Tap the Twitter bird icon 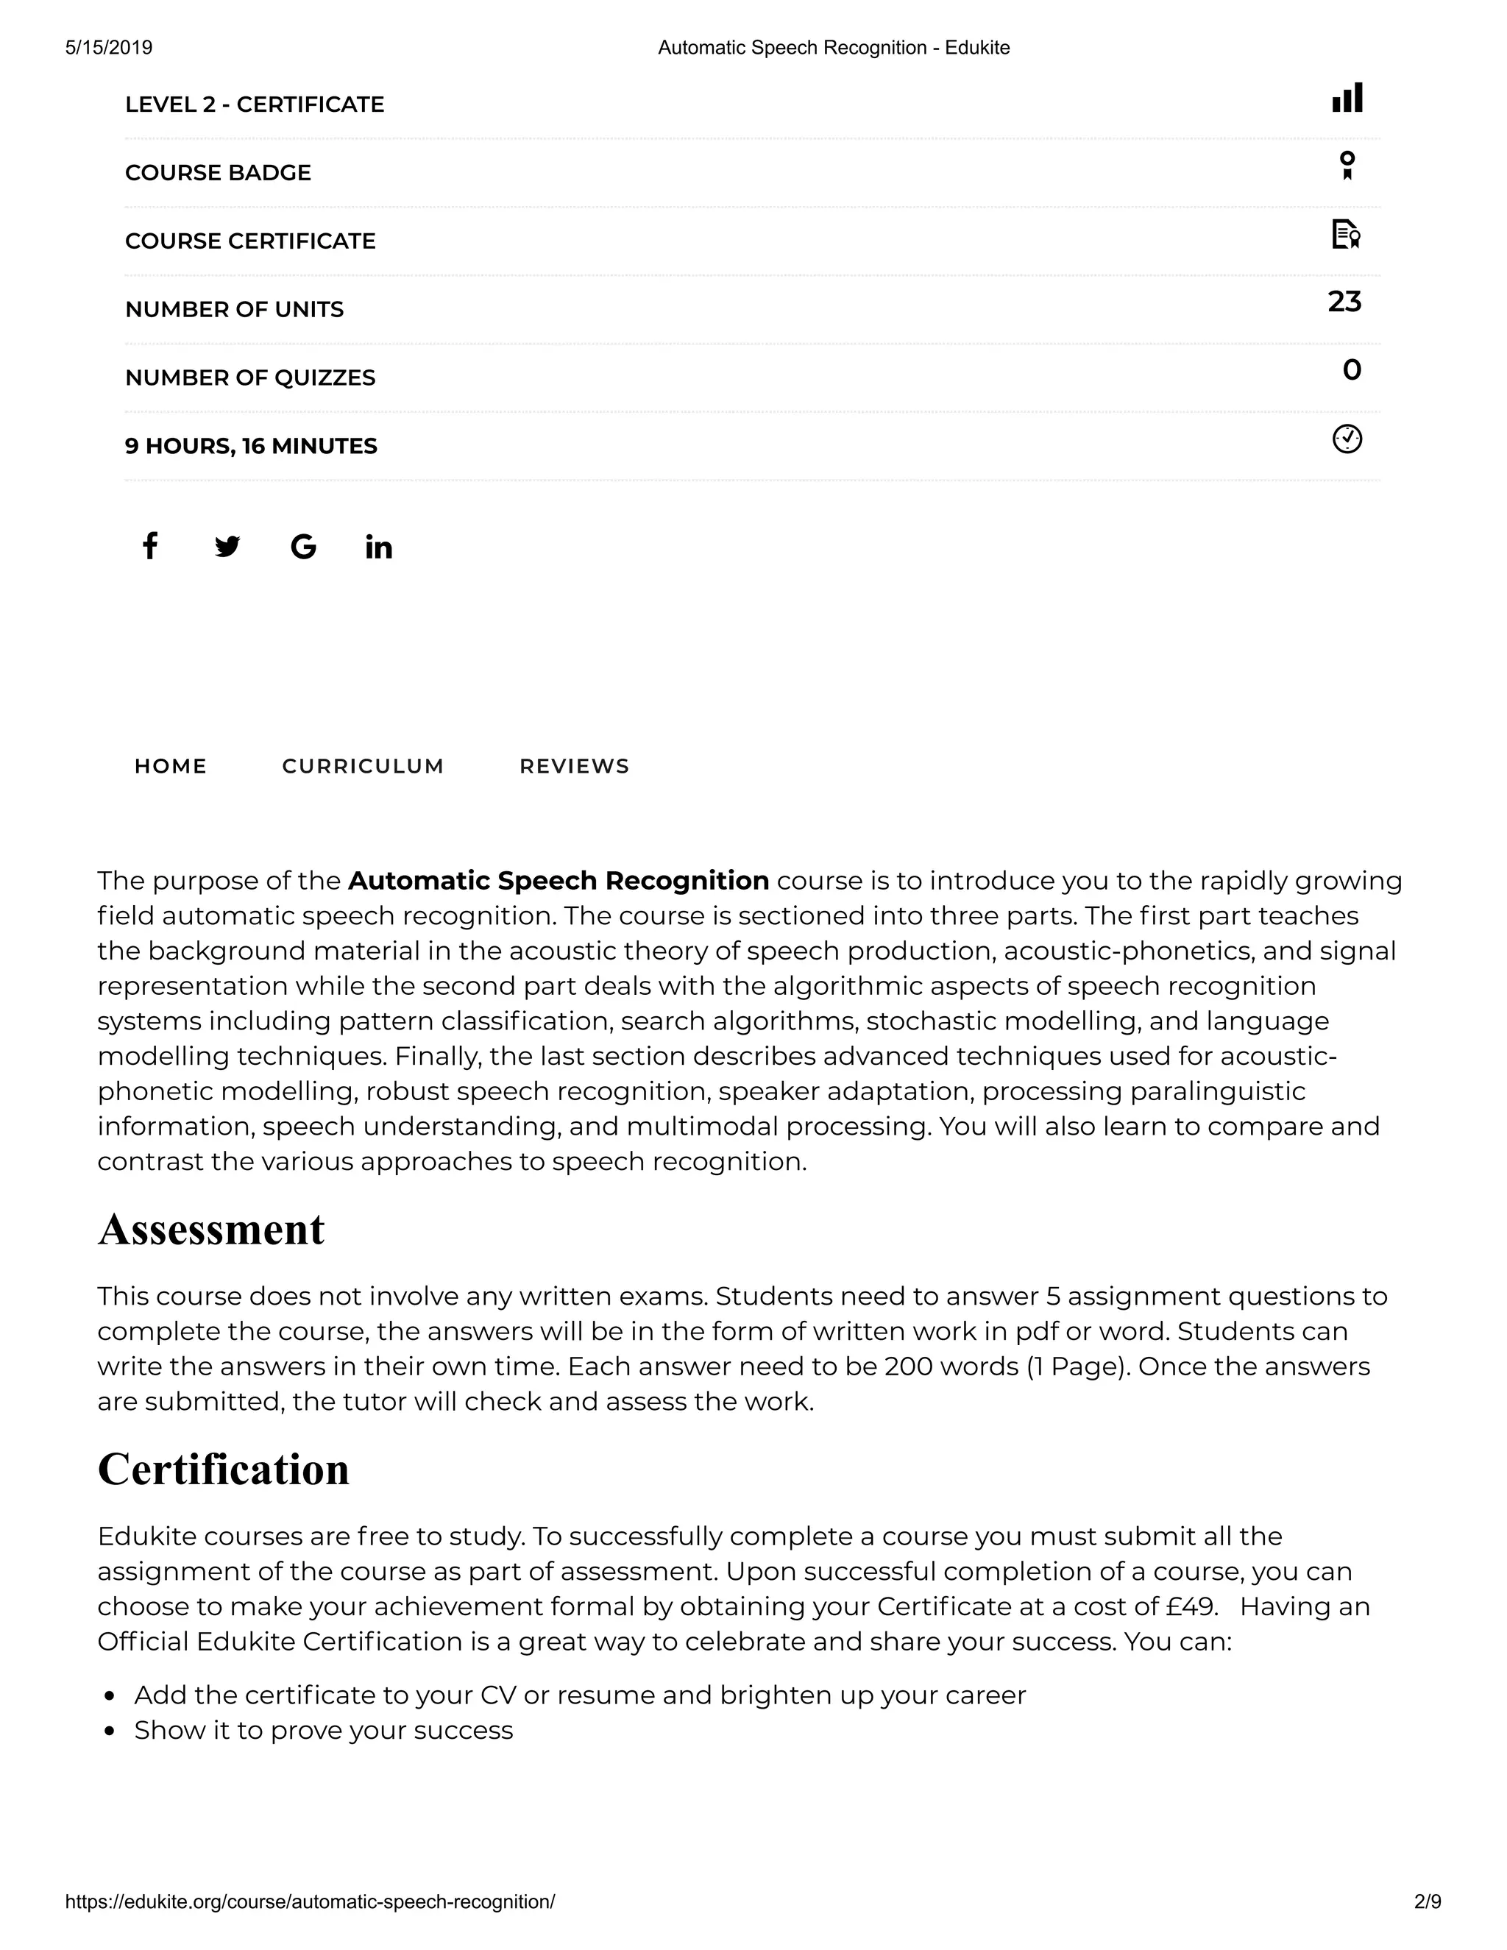coord(227,547)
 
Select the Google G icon coord(304,547)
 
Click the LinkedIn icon coord(378,547)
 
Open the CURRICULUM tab coord(363,766)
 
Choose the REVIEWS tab coord(574,766)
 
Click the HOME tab coord(171,766)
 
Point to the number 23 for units coord(1344,302)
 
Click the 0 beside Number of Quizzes coord(1352,369)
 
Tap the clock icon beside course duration coord(1347,439)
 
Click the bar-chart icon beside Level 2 coord(1347,97)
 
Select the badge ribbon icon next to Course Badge coord(1347,165)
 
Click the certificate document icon coord(1345,234)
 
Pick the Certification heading coord(223,1469)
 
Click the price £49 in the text coord(1191,1606)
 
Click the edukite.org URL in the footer coord(310,1901)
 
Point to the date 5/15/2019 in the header coord(109,47)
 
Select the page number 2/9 coord(1428,1901)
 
